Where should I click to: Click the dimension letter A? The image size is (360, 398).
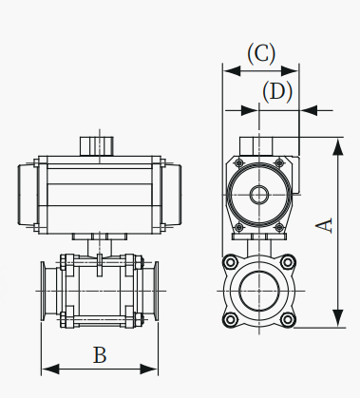click(x=325, y=225)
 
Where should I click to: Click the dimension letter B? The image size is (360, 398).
click(x=100, y=355)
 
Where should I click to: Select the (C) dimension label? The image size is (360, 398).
click(x=261, y=54)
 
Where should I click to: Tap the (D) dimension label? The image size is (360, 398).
click(x=277, y=92)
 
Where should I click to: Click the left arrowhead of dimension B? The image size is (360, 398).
click(x=50, y=370)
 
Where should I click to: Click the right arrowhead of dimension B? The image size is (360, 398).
click(x=149, y=370)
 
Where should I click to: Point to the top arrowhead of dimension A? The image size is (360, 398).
click(x=338, y=146)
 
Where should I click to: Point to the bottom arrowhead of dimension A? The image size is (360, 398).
click(x=338, y=318)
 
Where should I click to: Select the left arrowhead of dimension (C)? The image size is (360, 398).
click(x=232, y=71)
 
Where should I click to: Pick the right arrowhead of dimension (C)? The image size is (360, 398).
click(x=290, y=71)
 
